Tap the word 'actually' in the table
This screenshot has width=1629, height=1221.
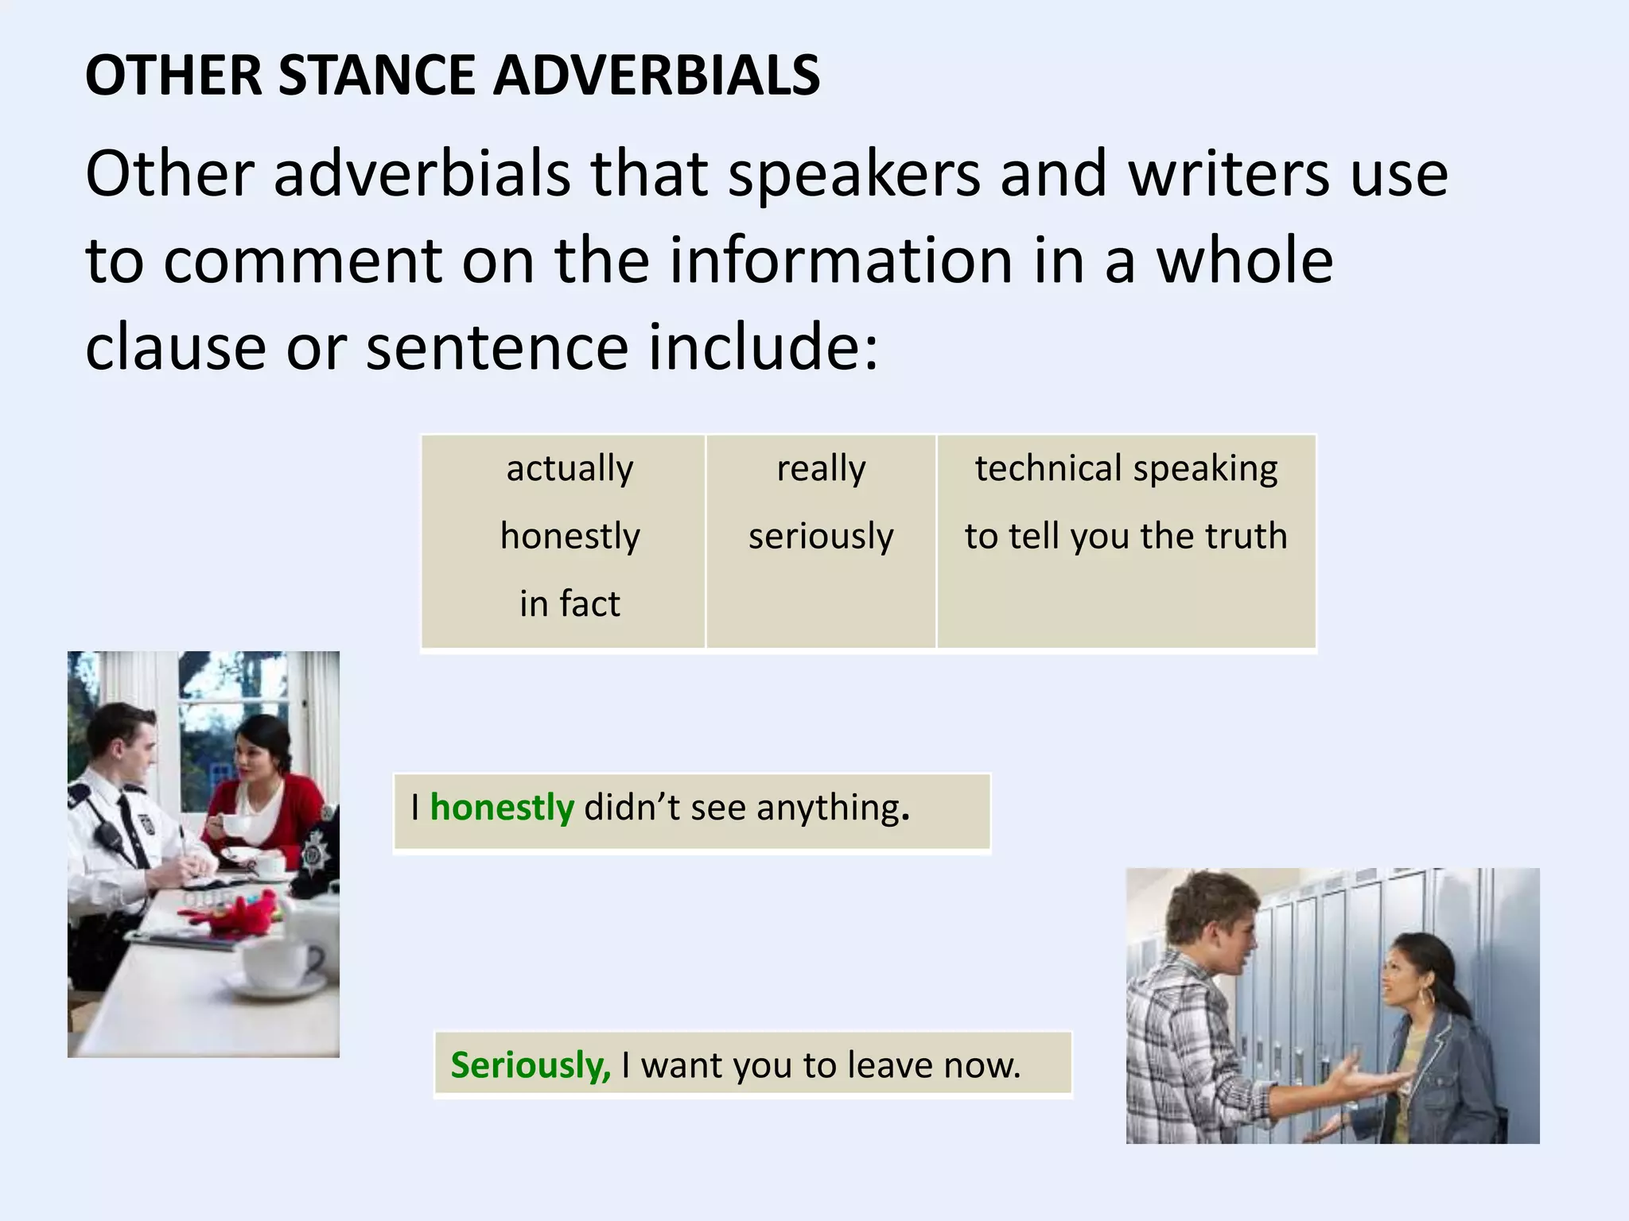[x=570, y=468]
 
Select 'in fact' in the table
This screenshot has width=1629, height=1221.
[x=570, y=603]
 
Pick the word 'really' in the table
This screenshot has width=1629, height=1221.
[x=821, y=468]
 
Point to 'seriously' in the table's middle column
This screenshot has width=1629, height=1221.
[x=821, y=536]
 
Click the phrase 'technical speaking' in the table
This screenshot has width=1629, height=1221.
[x=1126, y=468]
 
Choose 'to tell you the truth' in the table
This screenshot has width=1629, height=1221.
[x=1126, y=536]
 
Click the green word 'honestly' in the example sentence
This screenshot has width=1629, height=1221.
[x=501, y=808]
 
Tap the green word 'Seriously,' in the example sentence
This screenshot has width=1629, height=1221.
[x=531, y=1065]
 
